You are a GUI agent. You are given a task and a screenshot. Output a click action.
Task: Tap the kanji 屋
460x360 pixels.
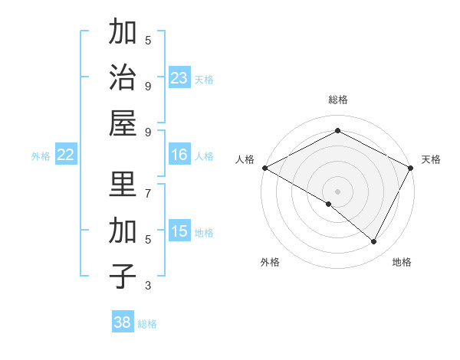click(x=123, y=123)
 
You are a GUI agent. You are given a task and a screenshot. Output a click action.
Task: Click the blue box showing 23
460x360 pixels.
click(x=179, y=77)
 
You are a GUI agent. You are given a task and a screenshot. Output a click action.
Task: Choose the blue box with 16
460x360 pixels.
click(x=179, y=155)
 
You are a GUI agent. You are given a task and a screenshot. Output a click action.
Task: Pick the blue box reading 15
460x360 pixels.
click(x=179, y=231)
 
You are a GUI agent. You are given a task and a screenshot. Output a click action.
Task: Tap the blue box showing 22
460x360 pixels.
click(x=65, y=155)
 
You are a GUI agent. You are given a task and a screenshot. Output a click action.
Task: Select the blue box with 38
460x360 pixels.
click(x=123, y=322)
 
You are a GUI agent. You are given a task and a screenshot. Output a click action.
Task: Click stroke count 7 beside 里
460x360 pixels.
click(x=148, y=193)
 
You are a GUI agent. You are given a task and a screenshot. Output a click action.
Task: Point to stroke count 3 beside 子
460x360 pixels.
click(x=148, y=285)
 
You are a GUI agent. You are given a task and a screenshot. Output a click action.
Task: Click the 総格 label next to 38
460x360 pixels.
click(x=147, y=324)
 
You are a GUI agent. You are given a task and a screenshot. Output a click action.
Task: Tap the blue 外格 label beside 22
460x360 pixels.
click(x=41, y=155)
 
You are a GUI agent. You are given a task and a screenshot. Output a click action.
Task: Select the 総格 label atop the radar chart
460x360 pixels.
click(x=338, y=100)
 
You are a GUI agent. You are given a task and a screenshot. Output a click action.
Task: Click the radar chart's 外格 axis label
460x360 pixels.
click(x=270, y=262)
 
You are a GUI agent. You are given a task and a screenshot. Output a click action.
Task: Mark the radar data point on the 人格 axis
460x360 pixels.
click(x=264, y=168)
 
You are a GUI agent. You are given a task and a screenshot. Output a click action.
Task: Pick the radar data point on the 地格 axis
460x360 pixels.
click(x=374, y=241)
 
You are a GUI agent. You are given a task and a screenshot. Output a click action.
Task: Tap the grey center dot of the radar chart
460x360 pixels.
click(x=338, y=191)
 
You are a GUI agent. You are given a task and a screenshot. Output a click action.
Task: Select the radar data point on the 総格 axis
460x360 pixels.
click(x=338, y=131)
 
